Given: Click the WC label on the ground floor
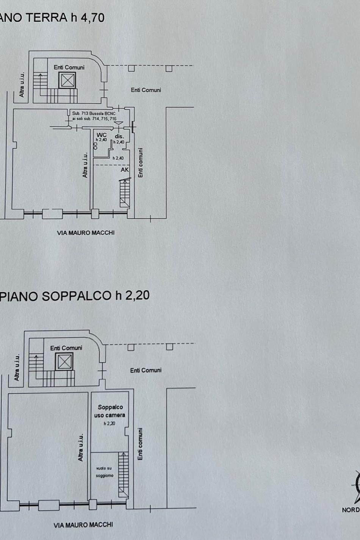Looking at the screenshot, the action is coord(102,135).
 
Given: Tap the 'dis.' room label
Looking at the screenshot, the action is coord(119,136).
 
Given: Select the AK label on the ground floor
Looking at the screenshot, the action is coord(125,170).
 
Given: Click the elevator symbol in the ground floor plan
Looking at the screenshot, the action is coord(67,80).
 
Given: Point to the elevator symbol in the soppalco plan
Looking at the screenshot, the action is coord(64,362).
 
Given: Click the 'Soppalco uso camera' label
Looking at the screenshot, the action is coord(110,411).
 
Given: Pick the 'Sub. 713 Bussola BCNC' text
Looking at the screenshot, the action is coord(94,113).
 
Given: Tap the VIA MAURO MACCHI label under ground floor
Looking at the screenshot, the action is coord(86,233).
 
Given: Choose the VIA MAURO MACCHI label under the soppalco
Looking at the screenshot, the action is coord(83,525).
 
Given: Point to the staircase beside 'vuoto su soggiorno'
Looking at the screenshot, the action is coord(123,474).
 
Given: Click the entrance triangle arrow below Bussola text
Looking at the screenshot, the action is coord(118,123).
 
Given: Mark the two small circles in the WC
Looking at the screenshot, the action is coord(95,145).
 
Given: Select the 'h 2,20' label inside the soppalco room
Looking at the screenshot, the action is coord(110,423).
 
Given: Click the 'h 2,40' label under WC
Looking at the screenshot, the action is coord(101,139).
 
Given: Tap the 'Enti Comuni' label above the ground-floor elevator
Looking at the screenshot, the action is coord(69,67).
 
